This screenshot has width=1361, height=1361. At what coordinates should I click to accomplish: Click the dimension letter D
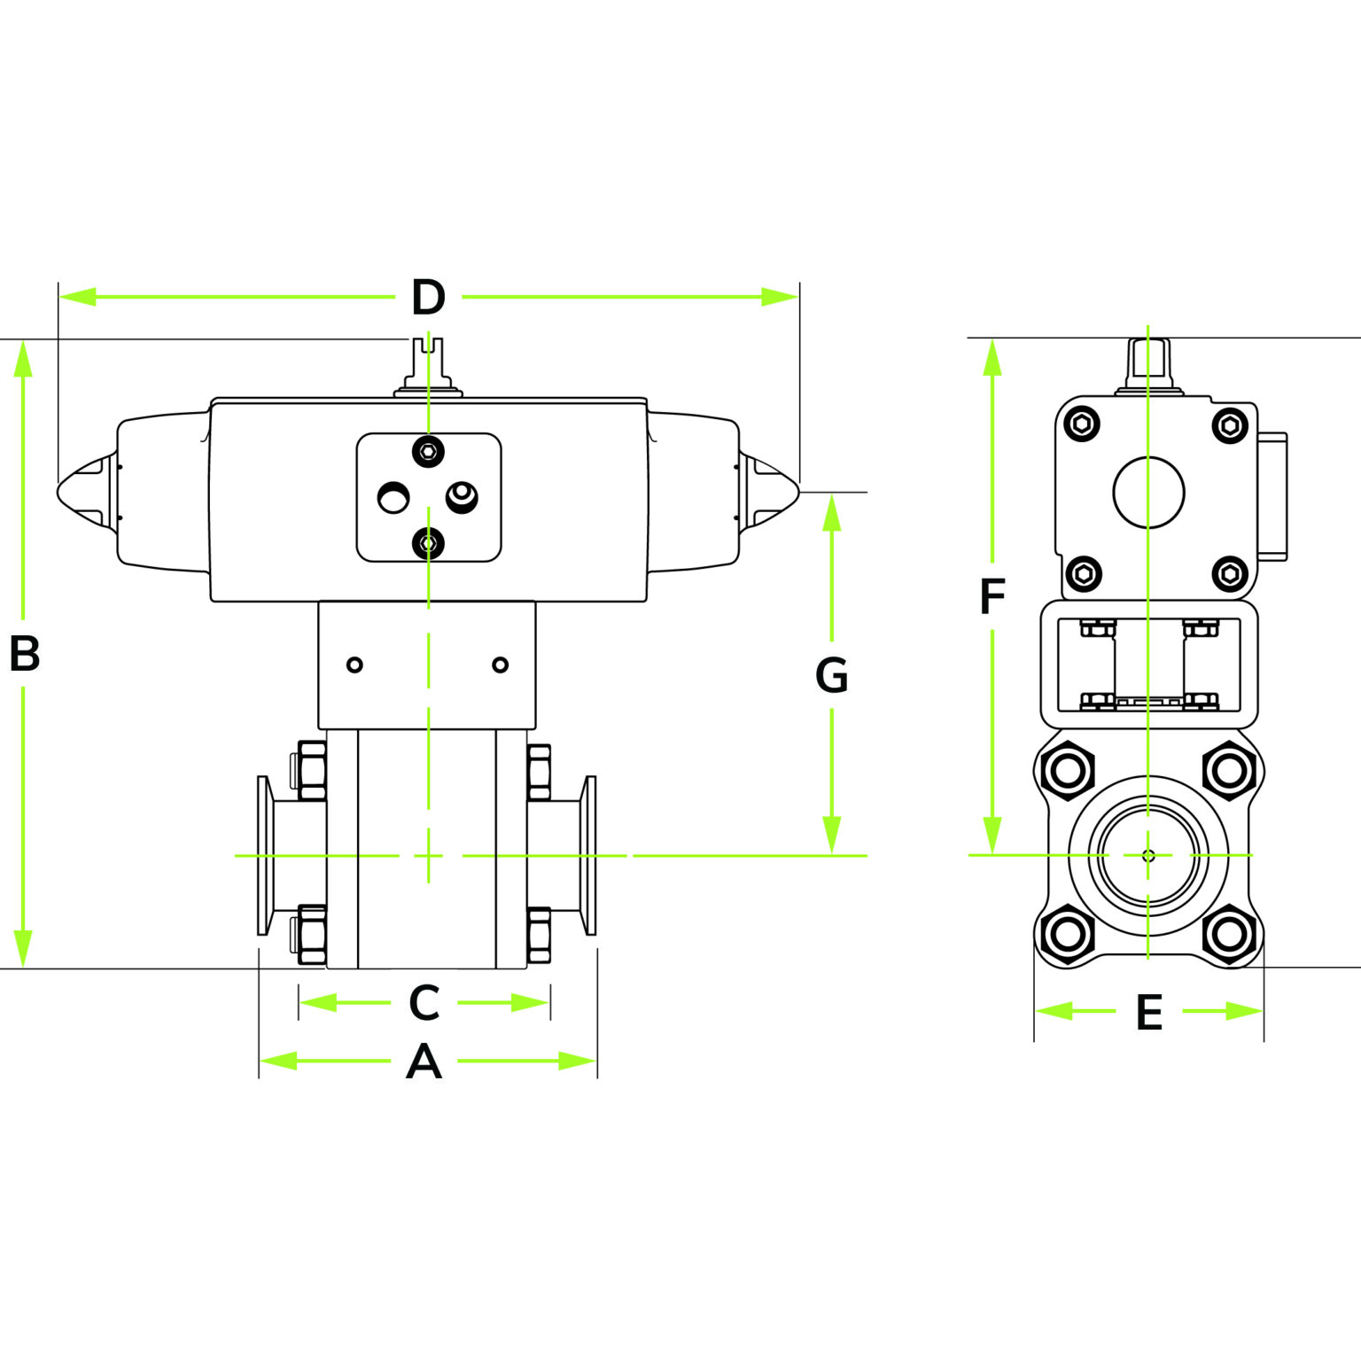[x=428, y=298]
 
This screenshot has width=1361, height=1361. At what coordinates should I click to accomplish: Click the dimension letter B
[x=24, y=654]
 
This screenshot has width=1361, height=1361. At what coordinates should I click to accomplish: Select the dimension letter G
[x=831, y=676]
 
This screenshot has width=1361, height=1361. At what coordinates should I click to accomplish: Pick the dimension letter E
[x=1148, y=1013]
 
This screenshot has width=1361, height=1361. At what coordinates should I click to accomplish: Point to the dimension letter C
[x=424, y=1003]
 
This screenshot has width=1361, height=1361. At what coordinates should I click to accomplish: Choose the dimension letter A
[x=424, y=1062]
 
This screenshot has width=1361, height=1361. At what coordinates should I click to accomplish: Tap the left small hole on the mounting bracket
[x=354, y=665]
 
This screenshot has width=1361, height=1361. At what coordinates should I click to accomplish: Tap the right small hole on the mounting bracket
[x=500, y=665]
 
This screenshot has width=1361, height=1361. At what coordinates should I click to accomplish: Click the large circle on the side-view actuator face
[x=1148, y=493]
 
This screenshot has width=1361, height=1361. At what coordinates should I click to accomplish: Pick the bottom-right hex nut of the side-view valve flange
[x=1228, y=934]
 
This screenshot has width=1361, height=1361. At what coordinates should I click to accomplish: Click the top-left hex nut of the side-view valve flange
[x=1069, y=770]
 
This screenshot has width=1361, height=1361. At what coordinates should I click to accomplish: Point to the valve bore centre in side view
[x=1148, y=855]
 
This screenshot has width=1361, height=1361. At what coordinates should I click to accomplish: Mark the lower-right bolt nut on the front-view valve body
[x=539, y=935]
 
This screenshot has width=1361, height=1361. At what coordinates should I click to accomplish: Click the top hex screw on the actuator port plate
[x=429, y=452]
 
